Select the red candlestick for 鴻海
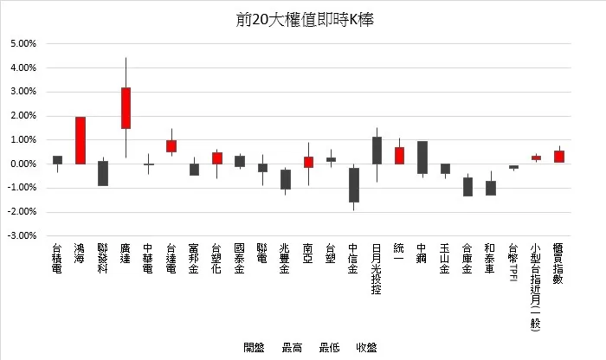(81, 140)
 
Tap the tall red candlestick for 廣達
(126, 108)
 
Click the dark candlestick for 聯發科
(103, 173)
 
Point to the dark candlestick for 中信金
(354, 184)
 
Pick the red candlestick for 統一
(399, 156)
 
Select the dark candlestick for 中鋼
(422, 157)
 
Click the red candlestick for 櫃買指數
(559, 157)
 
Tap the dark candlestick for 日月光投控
(377, 150)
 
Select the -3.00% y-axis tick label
(22, 235)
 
